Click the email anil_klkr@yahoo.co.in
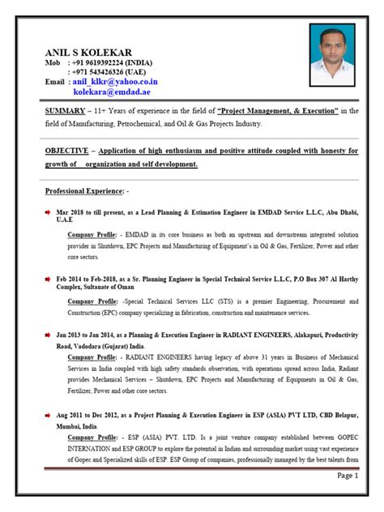point(115,82)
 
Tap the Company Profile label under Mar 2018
point(92,234)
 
